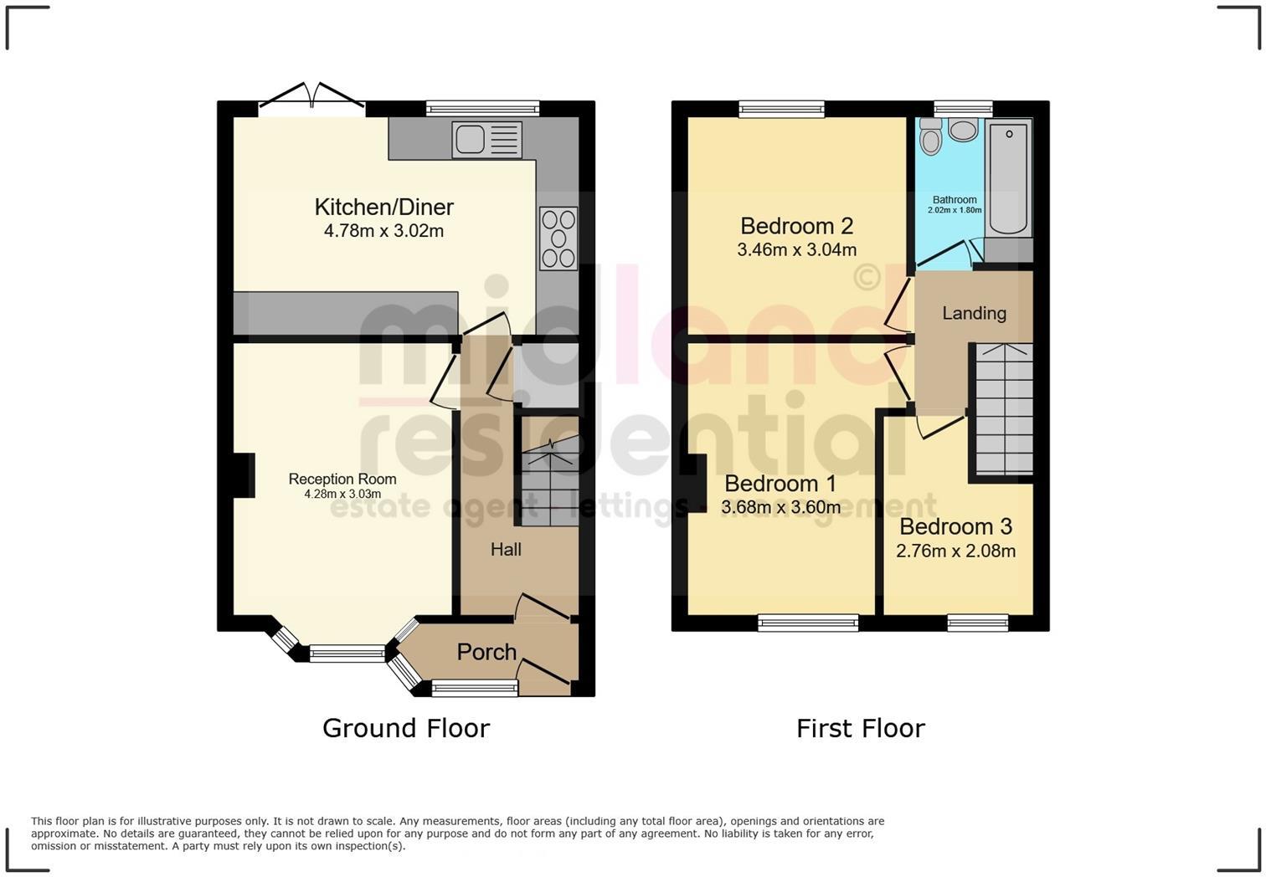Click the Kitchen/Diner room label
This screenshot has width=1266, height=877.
(x=383, y=207)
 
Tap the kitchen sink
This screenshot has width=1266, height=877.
(x=486, y=139)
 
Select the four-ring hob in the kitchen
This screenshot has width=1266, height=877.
(x=558, y=238)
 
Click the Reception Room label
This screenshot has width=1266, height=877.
(x=342, y=479)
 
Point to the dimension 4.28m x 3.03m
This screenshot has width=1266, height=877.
(x=342, y=495)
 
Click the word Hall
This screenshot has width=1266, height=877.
(x=506, y=549)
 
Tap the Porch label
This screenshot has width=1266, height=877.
(x=486, y=651)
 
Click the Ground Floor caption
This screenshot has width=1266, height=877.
(x=406, y=728)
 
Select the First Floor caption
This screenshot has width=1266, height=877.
(x=860, y=728)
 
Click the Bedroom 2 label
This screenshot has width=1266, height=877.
(x=796, y=226)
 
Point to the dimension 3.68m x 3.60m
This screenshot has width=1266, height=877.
(x=780, y=507)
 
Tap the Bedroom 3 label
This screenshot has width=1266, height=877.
(x=955, y=526)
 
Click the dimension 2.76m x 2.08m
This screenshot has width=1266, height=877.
(x=955, y=551)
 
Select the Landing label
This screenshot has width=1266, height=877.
(x=974, y=313)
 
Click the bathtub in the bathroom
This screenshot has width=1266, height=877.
(x=1008, y=177)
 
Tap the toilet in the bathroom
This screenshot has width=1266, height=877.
(x=930, y=136)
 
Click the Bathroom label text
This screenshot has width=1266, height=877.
(x=955, y=200)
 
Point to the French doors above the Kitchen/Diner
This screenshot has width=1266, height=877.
(x=312, y=95)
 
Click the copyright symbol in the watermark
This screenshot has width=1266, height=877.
(x=867, y=276)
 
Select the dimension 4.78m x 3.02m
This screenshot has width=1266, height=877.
(x=383, y=231)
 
